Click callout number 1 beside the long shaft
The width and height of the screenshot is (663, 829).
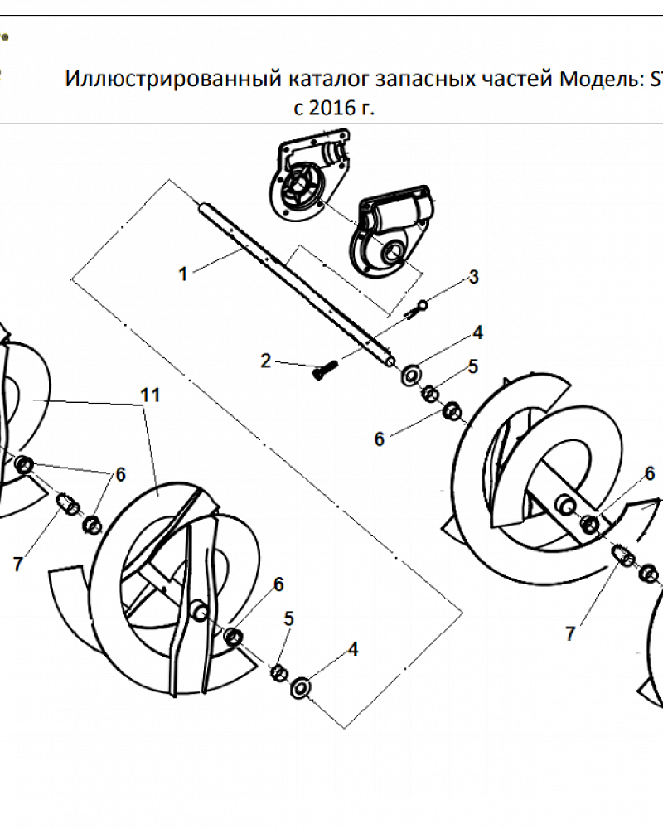coord(183,274)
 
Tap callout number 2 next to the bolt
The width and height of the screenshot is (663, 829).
coord(266,361)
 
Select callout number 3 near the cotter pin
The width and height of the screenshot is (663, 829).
coord(474,277)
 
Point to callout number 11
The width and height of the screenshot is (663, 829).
coord(150,395)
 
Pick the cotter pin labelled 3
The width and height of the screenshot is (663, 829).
coord(417,308)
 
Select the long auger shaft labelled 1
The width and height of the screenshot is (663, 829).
coord(296,284)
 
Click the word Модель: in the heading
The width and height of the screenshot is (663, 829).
coord(599,80)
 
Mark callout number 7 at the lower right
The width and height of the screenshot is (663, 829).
coord(569,633)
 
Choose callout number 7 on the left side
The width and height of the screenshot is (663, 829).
coord(18,564)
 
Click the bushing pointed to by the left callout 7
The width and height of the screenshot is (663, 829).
coord(68,504)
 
